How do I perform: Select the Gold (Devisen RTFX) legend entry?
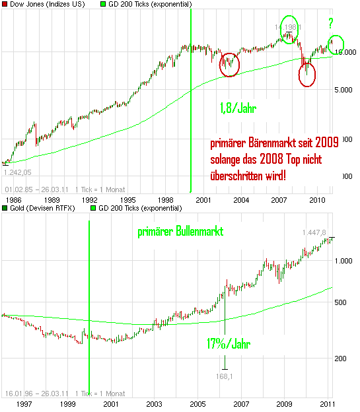click(x=39, y=209)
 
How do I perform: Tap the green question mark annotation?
click(x=330, y=24)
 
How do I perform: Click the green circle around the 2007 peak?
click(x=289, y=29)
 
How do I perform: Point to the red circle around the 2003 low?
click(x=229, y=64)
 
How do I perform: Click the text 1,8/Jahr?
click(x=237, y=108)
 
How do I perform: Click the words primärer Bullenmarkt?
click(x=180, y=232)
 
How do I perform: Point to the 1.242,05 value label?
click(x=18, y=171)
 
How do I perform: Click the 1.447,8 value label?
click(x=315, y=232)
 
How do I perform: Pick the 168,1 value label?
click(x=225, y=377)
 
